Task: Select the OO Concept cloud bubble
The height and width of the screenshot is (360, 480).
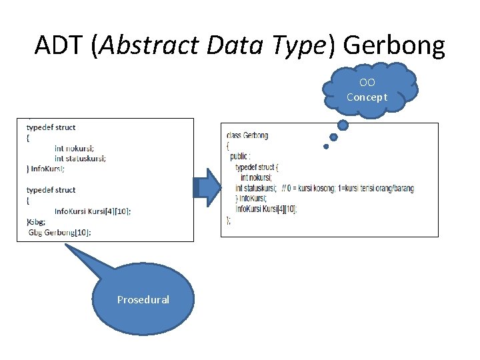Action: [367, 90]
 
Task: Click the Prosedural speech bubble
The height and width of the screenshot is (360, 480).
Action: [143, 299]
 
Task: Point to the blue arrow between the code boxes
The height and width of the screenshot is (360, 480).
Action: [207, 187]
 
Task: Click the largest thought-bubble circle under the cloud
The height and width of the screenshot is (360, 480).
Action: [343, 124]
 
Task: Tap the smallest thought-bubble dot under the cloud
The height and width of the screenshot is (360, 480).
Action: [326, 147]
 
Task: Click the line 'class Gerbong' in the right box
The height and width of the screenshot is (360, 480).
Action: [247, 135]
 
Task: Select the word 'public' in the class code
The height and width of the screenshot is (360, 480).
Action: [239, 156]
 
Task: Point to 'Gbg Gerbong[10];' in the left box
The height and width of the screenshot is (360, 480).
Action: [59, 232]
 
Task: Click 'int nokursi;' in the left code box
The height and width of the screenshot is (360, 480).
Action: [75, 148]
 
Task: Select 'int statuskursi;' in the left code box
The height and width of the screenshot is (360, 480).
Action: [80, 158]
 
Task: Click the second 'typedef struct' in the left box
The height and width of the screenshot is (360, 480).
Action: [51, 190]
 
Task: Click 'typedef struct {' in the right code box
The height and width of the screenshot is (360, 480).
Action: [257, 167]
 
